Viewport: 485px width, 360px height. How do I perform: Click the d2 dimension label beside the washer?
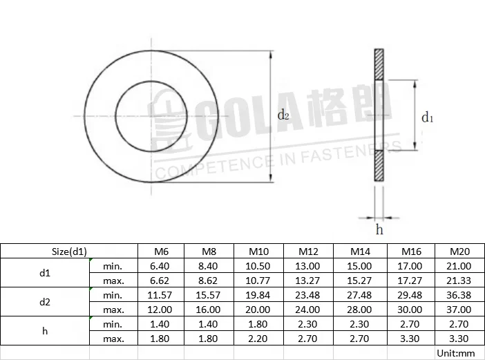283,115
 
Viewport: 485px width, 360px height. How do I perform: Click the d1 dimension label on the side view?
428,117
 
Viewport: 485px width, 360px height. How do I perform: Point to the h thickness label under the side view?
379,229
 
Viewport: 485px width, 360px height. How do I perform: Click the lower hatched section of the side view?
379,167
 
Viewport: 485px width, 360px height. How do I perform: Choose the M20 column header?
459,251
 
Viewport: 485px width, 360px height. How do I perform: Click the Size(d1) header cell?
68,251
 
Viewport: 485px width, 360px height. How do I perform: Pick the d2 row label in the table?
45,302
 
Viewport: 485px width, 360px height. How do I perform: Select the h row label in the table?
45,331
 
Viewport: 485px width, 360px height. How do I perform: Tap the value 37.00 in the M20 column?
459,309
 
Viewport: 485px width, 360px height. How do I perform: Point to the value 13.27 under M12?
309,281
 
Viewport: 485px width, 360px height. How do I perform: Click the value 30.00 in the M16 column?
410,309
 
